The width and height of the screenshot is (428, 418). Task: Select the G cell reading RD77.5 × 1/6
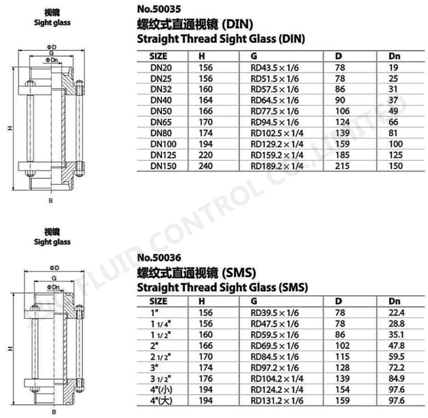click(274, 111)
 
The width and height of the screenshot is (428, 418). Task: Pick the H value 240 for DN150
click(206, 166)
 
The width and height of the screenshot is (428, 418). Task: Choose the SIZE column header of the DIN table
click(158, 56)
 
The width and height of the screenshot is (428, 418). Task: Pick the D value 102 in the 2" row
click(342, 345)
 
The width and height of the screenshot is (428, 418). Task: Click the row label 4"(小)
click(160, 389)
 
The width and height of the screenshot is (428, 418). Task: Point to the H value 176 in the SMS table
click(206, 379)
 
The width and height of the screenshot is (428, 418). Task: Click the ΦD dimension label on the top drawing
click(52, 47)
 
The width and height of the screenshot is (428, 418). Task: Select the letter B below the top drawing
click(51, 200)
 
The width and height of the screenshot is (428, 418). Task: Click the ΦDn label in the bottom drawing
click(53, 287)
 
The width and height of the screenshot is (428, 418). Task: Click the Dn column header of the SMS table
click(395, 301)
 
